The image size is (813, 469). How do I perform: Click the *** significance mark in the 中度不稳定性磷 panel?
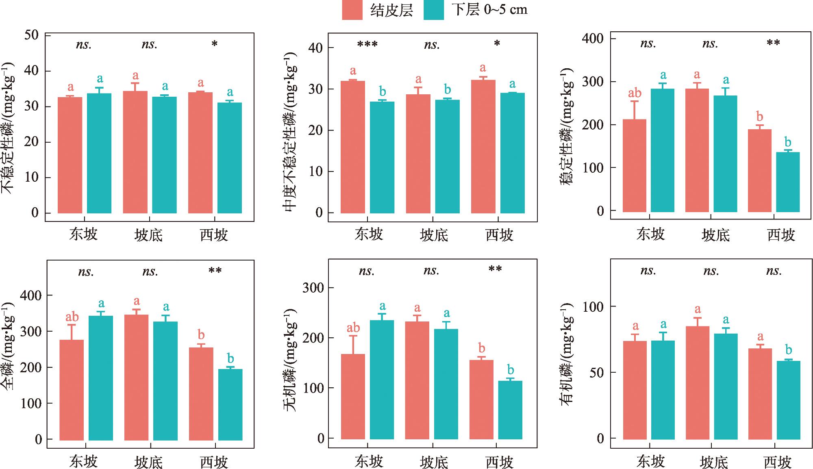tap(367, 44)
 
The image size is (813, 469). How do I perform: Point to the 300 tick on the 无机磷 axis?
tap(313, 288)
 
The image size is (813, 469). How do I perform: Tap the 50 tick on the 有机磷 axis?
tap(596, 372)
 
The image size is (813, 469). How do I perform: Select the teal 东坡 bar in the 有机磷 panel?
tap(663, 390)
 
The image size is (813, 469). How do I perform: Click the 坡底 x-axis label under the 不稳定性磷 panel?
tap(148, 235)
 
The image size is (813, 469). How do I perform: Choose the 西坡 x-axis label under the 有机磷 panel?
tap(778, 462)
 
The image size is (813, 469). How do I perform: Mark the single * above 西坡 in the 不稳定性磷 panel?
tap(215, 43)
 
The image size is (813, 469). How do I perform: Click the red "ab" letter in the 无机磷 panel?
tap(353, 328)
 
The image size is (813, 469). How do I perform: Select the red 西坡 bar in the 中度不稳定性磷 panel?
tap(483, 146)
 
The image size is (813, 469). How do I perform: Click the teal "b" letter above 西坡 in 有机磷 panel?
tap(788, 350)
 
